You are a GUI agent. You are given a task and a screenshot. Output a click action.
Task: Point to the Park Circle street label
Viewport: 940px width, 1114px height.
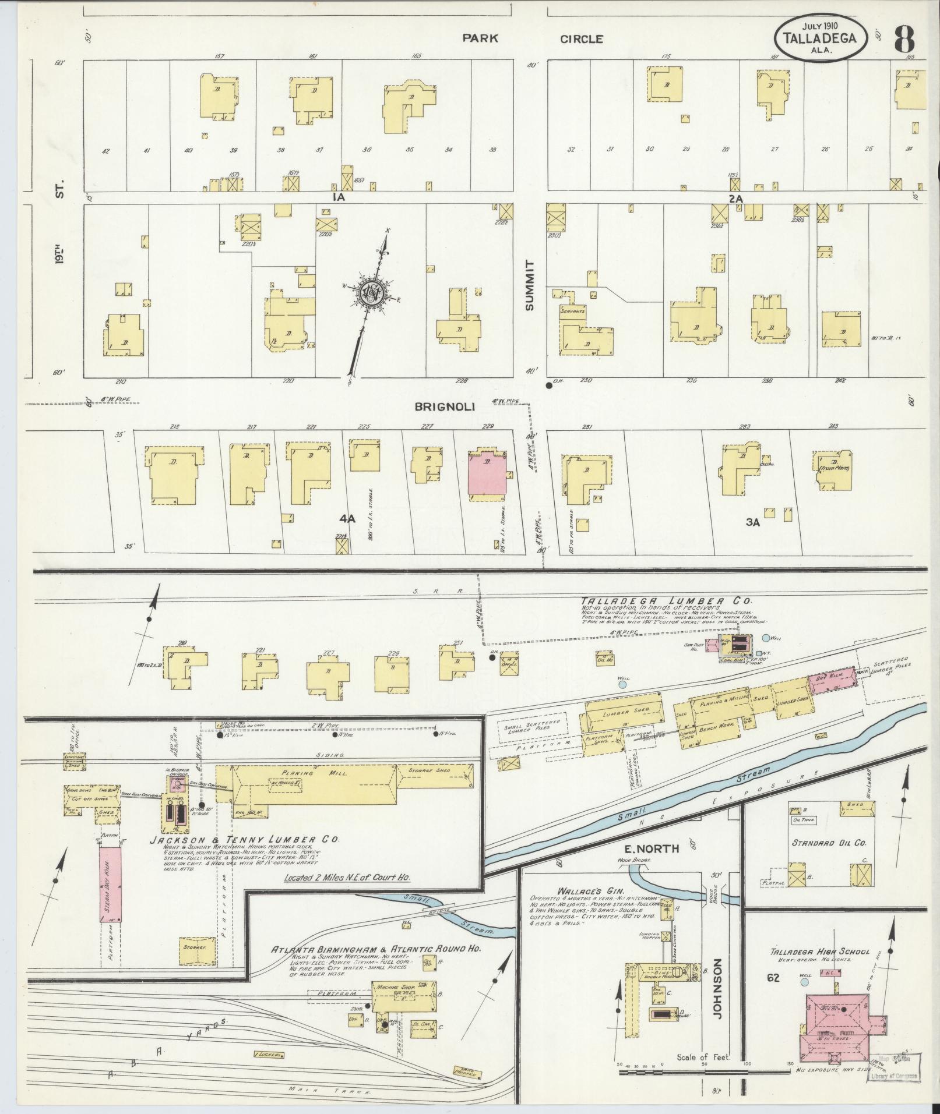coord(533,39)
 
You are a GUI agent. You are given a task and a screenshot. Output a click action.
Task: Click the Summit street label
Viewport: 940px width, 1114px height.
coord(530,285)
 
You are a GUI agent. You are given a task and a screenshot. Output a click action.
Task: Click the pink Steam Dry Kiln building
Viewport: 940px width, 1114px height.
coord(110,888)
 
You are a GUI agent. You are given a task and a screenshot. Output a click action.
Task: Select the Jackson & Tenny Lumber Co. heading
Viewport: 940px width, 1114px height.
coord(244,840)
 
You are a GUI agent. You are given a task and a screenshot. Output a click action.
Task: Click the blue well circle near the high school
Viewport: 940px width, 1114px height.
coord(805,982)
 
